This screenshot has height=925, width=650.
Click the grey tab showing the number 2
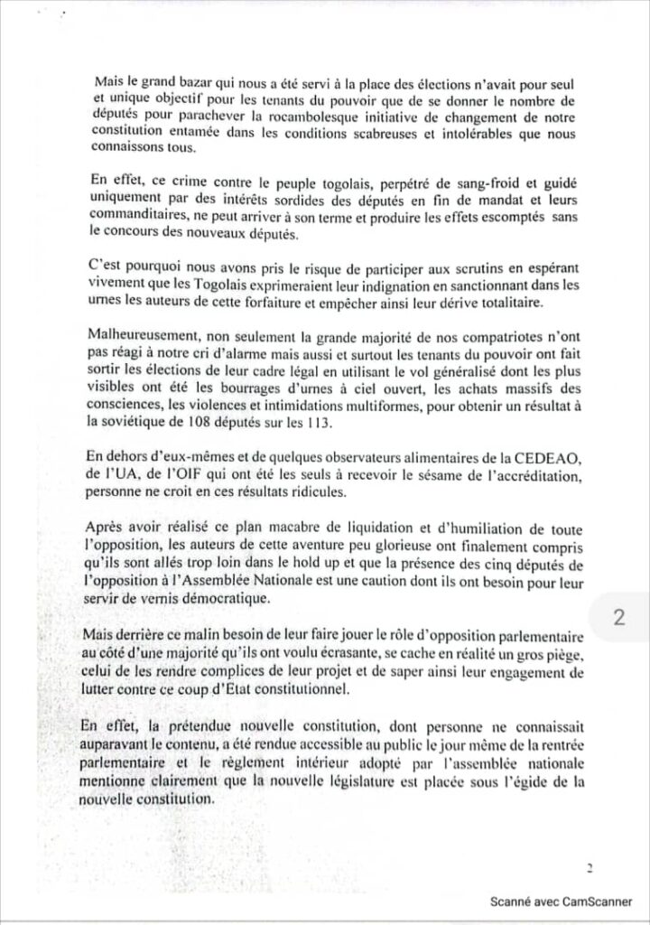619,618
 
